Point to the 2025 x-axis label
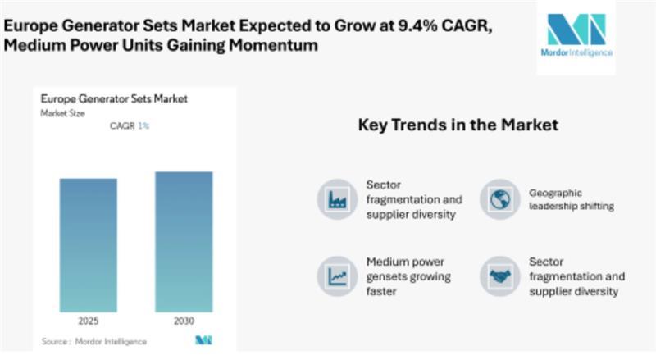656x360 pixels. coord(88,321)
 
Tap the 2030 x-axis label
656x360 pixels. coord(184,321)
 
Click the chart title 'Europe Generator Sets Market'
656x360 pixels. coord(114,99)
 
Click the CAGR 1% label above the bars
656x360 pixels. coord(130,126)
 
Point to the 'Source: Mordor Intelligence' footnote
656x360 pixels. coord(94,340)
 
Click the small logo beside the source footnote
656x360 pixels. coord(203,340)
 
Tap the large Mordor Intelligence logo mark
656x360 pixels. coord(576,29)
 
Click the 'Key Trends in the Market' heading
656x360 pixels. coord(458,125)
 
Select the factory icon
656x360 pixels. coord(337,198)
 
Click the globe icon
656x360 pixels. coord(499,198)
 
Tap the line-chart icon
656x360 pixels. coord(337,276)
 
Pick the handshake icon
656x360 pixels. coord(499,276)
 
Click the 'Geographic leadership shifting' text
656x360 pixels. coord(571,199)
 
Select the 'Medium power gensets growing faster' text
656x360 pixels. coord(408,276)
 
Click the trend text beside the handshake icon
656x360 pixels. coord(576,276)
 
